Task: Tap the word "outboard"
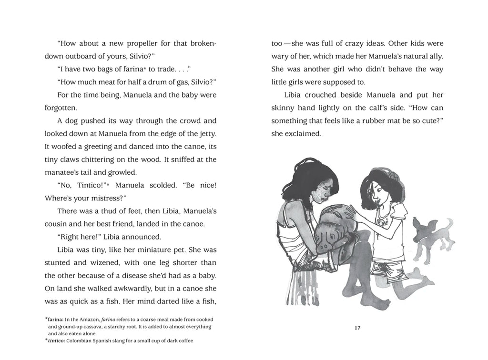[80, 56]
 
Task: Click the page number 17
[357, 328]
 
